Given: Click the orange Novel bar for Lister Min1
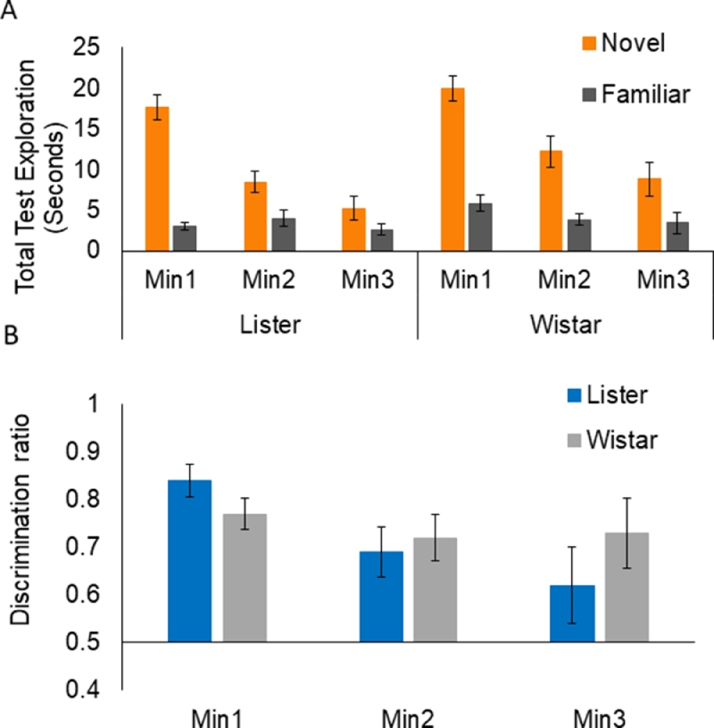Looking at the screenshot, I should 158,178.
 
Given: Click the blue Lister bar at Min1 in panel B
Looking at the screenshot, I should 190,560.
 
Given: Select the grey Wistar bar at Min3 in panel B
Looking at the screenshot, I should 627,586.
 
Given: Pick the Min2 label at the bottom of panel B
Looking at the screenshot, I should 412,717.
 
